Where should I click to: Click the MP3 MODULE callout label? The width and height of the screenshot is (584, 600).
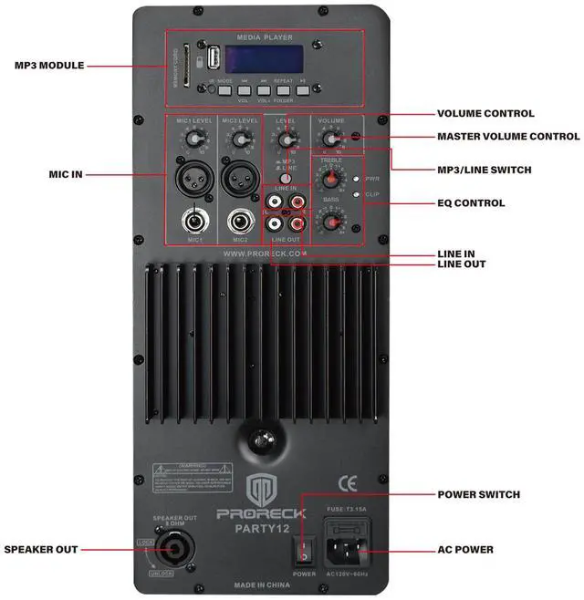[49, 66]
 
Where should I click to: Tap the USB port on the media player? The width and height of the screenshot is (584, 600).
[212, 60]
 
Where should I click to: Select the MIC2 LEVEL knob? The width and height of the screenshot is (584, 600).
[239, 139]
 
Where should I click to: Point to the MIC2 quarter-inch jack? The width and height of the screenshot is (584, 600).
[241, 221]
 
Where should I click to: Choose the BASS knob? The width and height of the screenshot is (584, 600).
[331, 222]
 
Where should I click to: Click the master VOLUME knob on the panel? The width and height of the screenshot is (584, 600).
[331, 139]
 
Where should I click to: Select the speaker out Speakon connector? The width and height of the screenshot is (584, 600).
[172, 549]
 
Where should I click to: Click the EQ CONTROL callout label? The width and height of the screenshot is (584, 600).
[478, 202]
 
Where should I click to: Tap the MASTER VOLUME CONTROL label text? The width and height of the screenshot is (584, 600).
[508, 137]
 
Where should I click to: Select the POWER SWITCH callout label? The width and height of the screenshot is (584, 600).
[478, 495]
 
